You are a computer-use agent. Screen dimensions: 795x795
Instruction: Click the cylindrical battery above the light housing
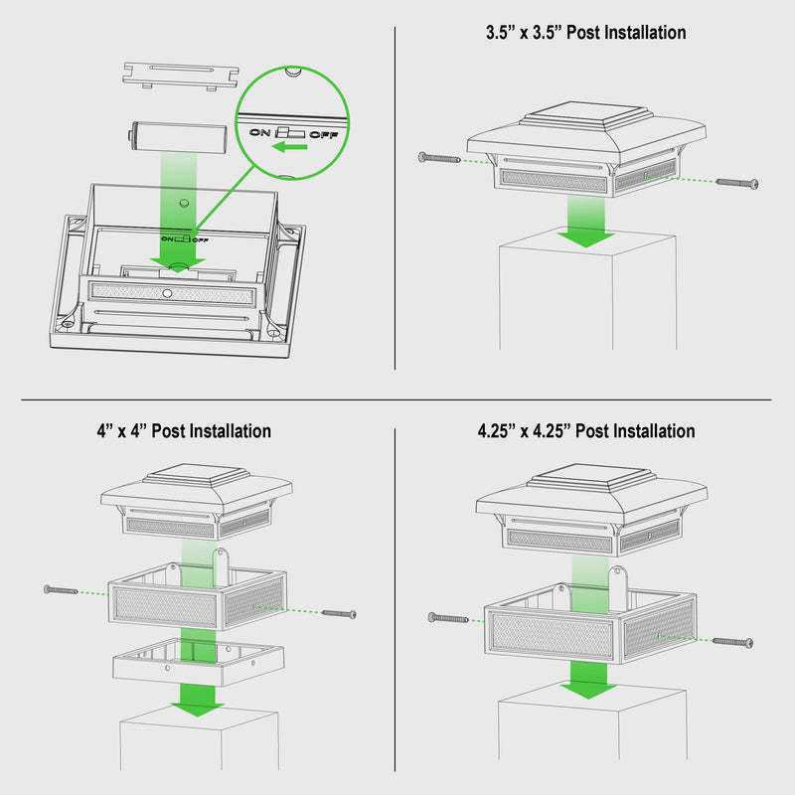177,137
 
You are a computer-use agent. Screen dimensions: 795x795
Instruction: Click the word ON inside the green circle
260,132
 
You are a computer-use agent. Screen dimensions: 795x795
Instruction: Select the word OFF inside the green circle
324,135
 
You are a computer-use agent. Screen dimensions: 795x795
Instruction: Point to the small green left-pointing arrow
289,147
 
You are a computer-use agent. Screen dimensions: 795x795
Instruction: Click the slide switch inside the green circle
290,133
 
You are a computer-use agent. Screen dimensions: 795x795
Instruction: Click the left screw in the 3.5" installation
439,158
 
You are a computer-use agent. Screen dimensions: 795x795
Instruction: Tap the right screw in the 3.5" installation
737,183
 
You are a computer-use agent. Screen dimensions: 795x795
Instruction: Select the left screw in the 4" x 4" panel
61,589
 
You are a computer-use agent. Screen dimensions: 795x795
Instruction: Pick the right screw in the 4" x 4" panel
339,614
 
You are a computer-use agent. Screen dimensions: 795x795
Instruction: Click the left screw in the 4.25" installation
448,618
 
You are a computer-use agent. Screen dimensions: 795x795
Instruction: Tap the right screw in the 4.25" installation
732,642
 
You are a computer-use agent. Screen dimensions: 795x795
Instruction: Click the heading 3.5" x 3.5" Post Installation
585,33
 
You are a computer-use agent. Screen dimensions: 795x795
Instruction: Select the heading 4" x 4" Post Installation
184,431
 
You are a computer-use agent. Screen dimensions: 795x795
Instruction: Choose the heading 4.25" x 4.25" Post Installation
586,431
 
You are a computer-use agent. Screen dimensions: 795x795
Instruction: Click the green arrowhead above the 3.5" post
586,238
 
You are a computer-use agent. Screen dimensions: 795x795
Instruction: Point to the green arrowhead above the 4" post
198,708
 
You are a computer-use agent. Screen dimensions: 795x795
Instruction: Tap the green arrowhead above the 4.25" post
588,690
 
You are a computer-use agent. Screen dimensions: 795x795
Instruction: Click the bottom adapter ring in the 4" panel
198,663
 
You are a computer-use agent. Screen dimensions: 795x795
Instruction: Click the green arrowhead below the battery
178,264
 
